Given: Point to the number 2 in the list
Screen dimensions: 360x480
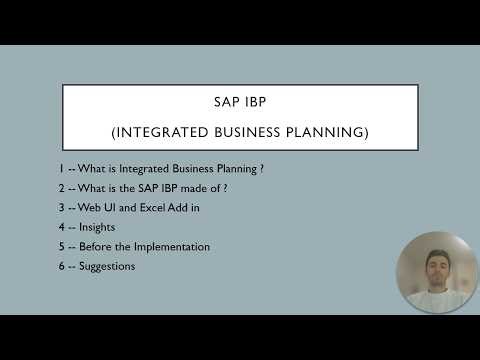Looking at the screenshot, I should (62, 188).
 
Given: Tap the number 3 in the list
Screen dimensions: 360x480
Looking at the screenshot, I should (62, 208).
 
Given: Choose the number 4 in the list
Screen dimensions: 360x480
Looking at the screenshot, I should (62, 227).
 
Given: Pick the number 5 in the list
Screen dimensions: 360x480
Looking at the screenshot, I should (62, 247).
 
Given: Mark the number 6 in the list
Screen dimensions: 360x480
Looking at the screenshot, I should (62, 266).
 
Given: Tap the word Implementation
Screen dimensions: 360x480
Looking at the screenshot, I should (175, 247).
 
